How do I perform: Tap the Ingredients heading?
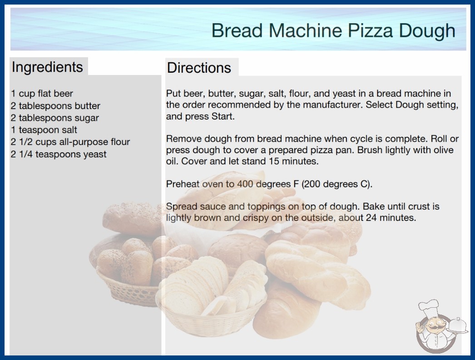47,67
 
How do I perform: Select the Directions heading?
199,68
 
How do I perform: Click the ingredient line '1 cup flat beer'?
42,94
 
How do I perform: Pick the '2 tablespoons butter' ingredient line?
55,106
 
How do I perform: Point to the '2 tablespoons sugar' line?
55,118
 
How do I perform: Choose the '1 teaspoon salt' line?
44,130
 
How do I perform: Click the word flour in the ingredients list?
120,142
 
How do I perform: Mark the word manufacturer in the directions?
332,105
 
